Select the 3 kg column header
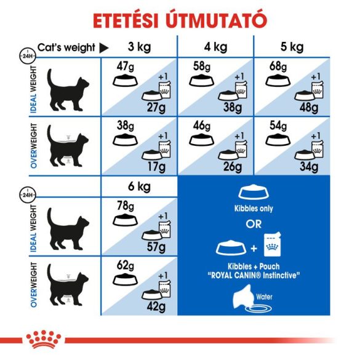click(x=140, y=47)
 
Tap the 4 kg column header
click(x=216, y=47)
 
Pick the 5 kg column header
click(x=292, y=47)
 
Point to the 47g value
click(x=126, y=66)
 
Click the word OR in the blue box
click(x=254, y=223)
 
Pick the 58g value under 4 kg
click(x=201, y=66)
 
